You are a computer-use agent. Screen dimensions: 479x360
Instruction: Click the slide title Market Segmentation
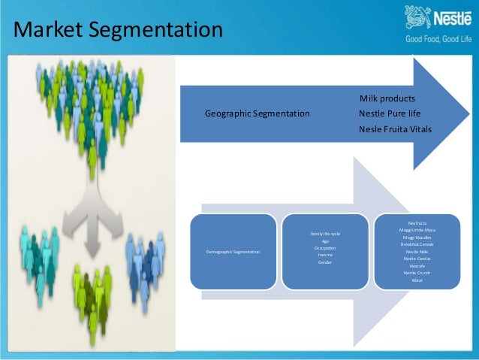pos(119,31)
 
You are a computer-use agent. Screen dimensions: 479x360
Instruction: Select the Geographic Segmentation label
pos(257,113)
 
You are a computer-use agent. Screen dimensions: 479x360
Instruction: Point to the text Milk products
pos(387,98)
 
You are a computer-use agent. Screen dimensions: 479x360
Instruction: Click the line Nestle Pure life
pos(387,113)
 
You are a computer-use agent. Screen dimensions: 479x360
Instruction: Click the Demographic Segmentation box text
pos(233,251)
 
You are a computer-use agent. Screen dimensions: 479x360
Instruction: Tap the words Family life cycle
pos(324,234)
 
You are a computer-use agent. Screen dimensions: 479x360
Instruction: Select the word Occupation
pos(324,248)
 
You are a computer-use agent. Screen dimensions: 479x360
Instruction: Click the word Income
pos(324,256)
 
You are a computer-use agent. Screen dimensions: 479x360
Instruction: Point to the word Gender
pos(324,262)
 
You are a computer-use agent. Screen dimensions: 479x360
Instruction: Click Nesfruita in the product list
pos(417,222)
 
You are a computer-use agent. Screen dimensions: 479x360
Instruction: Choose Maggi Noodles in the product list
pos(417,237)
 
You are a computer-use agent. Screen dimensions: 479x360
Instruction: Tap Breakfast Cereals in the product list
pos(417,244)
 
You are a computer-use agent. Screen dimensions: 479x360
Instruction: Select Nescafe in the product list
pos(417,265)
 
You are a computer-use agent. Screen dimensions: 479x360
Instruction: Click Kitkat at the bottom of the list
pos(417,280)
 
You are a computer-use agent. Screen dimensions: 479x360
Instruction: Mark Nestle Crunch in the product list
pos(417,272)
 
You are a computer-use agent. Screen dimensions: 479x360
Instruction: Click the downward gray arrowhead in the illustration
pos(92,248)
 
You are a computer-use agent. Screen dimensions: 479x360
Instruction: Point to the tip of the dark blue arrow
pos(467,114)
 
